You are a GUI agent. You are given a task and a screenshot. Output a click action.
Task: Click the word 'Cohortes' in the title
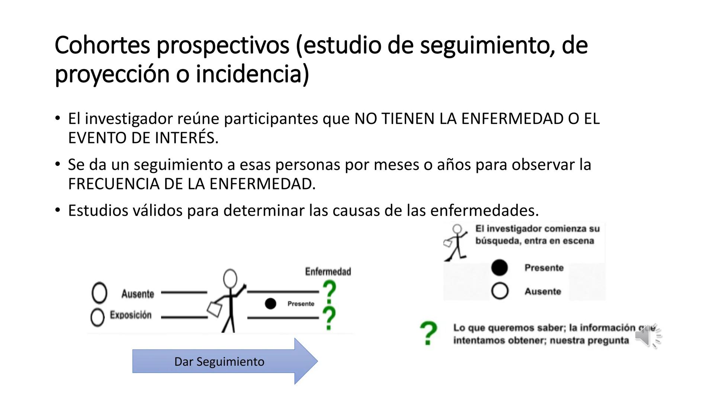[x=102, y=45]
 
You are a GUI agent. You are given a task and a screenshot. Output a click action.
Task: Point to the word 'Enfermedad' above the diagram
[x=328, y=272]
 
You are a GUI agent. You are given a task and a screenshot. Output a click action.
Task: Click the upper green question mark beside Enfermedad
[x=329, y=291]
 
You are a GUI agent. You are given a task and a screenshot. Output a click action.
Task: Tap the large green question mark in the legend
[x=428, y=333]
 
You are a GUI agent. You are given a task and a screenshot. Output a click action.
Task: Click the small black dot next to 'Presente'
[x=270, y=304]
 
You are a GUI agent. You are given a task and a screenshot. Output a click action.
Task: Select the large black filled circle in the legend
[x=499, y=268]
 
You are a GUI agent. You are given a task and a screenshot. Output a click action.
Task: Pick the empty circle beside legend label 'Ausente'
[x=499, y=291]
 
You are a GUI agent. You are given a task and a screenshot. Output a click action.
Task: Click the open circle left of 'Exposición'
[x=97, y=317]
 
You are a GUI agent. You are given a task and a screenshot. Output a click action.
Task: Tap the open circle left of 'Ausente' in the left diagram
[x=99, y=293]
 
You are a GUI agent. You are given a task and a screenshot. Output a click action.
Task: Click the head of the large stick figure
[x=230, y=278]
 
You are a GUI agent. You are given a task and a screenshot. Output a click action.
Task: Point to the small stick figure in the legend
[x=456, y=243]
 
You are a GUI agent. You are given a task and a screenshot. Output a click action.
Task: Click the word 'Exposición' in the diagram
[x=131, y=315]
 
